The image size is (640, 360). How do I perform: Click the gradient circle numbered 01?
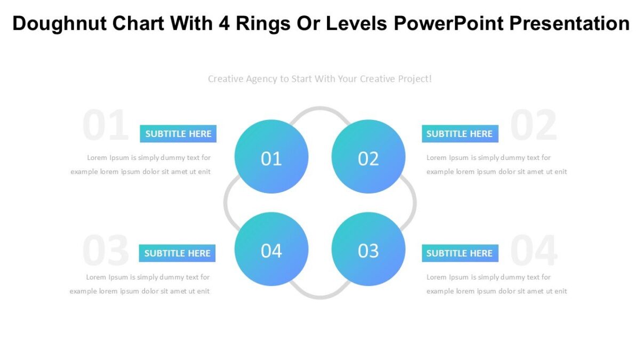pos(271,156)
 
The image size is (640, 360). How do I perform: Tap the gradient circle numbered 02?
pos(369,156)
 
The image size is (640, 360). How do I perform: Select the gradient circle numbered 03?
pos(369,249)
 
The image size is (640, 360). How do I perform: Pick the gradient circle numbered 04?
pos(271,249)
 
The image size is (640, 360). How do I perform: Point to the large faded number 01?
pos(106,126)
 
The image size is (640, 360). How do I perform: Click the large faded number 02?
pos(534,126)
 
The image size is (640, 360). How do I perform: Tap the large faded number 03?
pos(106,251)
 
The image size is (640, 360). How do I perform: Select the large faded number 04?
pos(534,251)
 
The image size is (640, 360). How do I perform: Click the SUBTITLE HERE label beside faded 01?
pos(178,134)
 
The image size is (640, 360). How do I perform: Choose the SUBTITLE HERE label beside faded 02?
pos(460,134)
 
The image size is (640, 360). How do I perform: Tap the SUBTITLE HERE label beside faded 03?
pos(177,253)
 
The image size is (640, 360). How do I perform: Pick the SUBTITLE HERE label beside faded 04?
pos(460,253)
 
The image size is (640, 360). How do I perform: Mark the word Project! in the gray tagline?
pos(412,79)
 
